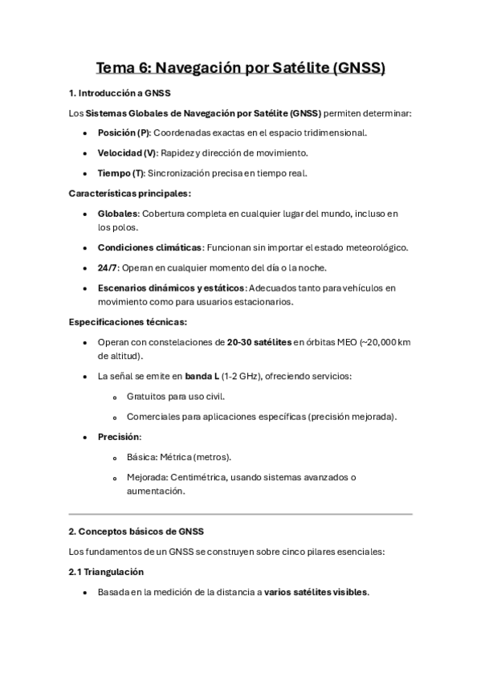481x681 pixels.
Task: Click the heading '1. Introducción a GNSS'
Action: (120, 93)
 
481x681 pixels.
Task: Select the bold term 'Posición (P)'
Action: (123, 133)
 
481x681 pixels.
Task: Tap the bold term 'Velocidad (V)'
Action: (127, 152)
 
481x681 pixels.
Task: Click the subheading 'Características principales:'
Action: (129, 194)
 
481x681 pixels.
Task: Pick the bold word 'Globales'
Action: (118, 214)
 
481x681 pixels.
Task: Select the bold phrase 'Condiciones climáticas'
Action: (149, 247)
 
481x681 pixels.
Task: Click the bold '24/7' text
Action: (108, 267)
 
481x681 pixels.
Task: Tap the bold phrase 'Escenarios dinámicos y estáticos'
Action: (171, 287)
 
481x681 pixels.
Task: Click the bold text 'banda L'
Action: (203, 375)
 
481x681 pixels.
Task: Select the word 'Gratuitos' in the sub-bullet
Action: (149, 396)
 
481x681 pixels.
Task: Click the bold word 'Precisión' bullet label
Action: (118, 437)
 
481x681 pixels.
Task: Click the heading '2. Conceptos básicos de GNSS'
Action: (137, 532)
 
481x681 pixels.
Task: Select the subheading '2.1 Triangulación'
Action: (106, 572)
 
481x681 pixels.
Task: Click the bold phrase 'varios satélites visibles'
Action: (316, 592)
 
